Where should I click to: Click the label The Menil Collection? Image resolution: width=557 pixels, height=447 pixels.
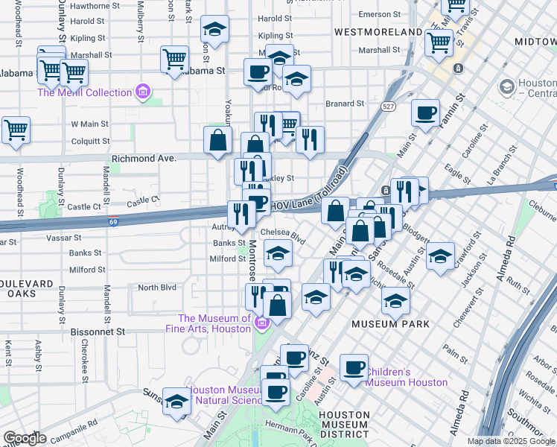(86, 92)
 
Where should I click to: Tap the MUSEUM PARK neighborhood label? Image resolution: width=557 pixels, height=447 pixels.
(390, 324)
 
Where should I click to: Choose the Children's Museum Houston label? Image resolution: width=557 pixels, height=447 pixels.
(407, 377)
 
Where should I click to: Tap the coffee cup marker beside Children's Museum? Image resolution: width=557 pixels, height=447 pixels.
(354, 367)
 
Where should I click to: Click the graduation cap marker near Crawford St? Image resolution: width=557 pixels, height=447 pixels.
(440, 254)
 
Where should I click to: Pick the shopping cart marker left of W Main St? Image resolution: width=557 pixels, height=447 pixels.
(16, 129)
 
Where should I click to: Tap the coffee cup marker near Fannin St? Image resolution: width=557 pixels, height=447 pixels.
(425, 112)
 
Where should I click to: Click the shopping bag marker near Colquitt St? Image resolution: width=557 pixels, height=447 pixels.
(217, 140)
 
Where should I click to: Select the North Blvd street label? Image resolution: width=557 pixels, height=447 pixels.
(157, 288)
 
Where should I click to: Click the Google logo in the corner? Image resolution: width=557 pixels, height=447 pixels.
(25, 438)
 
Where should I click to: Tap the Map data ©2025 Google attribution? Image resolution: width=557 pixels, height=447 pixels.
(510, 441)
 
